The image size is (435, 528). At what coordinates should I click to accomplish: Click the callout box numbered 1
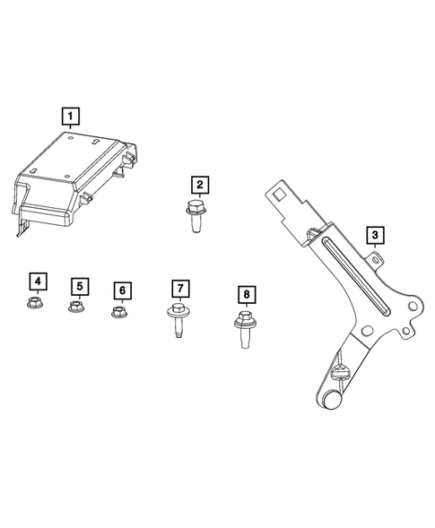tap(70, 115)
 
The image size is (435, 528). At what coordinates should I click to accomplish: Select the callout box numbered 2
tap(198, 185)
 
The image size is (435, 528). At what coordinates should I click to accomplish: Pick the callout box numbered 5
tap(80, 286)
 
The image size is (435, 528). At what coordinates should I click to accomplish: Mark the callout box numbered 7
tap(179, 288)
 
